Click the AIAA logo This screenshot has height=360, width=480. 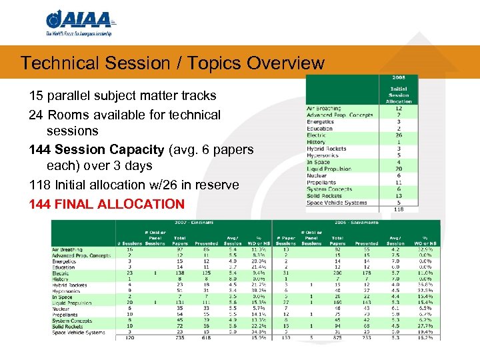79,23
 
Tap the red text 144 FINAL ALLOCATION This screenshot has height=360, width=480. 107,204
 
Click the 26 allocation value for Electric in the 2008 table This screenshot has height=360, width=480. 399,135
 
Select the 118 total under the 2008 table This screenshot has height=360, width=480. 399,209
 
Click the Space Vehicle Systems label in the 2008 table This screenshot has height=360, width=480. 337,203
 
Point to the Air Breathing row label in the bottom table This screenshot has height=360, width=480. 69,249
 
